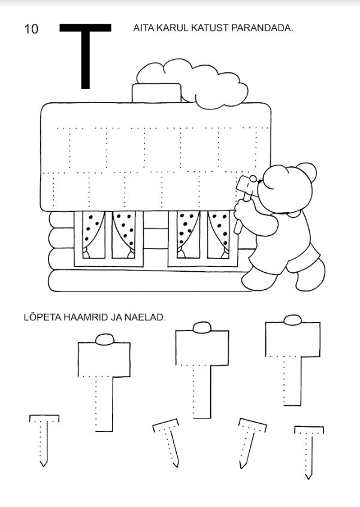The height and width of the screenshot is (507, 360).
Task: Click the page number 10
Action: coord(31,29)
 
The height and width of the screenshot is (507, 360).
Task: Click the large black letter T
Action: coord(86,55)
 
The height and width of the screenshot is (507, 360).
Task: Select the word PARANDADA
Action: coord(262,28)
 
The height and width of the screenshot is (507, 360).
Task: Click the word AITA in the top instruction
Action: coord(144,28)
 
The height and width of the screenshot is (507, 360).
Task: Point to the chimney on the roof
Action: coord(156,93)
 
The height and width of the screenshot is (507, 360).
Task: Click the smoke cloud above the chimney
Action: coord(192,83)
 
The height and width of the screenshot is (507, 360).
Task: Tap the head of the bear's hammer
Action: coord(246,184)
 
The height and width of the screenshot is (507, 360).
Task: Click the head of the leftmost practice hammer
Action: coord(104,356)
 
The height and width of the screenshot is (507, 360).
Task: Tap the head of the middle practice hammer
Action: coord(202,345)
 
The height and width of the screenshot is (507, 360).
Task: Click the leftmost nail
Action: coord(44,441)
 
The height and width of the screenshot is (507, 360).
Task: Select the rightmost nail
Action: coord(309,452)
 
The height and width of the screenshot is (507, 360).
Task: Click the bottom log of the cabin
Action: coord(149,280)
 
